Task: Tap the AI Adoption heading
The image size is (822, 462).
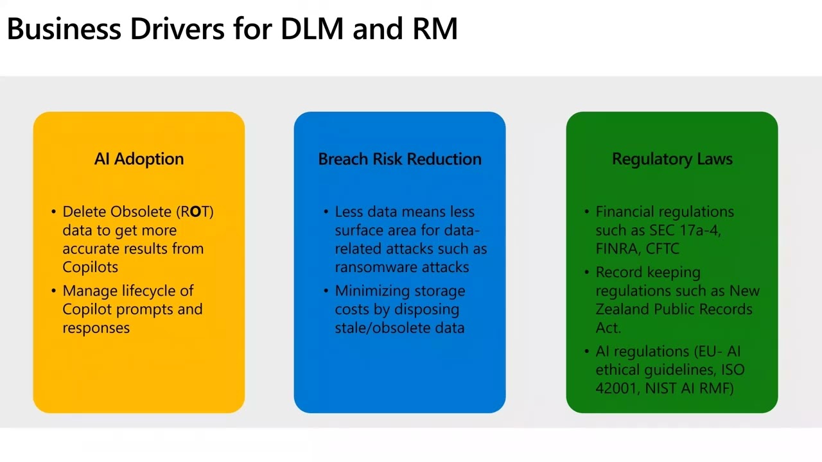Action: (139, 159)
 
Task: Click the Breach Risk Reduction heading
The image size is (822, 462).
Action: (399, 159)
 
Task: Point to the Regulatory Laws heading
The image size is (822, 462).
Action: (672, 159)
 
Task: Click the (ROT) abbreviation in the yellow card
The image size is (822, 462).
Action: (197, 212)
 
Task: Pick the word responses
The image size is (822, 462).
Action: (96, 328)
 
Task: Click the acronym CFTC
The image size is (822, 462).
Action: (662, 249)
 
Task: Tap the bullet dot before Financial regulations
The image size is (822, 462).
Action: (587, 212)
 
